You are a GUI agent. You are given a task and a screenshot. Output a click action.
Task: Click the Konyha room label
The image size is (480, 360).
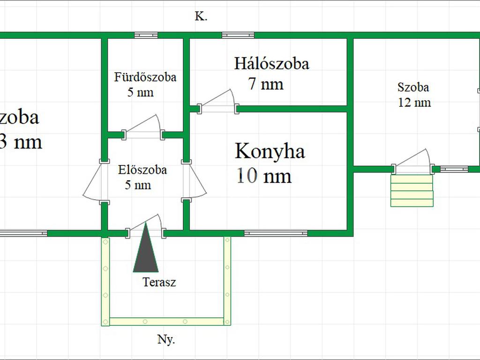(x=270, y=151)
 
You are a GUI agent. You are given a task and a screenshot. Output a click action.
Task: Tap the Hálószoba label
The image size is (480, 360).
(x=272, y=63)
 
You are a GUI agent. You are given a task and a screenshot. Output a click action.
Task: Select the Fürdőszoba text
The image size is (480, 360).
(x=145, y=77)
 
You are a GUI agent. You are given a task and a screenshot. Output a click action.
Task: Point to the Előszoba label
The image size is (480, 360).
(x=142, y=170)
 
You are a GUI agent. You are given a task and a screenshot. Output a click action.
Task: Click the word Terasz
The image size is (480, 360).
(x=159, y=282)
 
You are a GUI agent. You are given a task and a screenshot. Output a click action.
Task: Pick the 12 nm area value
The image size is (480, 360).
(x=414, y=102)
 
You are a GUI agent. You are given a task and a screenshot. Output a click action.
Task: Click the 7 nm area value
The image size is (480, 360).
(x=266, y=84)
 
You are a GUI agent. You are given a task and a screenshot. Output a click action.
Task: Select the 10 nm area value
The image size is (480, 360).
(x=264, y=176)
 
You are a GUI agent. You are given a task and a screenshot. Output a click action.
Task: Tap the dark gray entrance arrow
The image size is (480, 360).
(x=145, y=251)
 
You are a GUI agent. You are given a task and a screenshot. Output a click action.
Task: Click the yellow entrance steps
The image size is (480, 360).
(x=412, y=191)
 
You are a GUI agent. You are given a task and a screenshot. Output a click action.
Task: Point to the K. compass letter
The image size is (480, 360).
(x=201, y=16)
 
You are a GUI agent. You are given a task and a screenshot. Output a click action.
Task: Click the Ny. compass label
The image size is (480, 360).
(x=166, y=340)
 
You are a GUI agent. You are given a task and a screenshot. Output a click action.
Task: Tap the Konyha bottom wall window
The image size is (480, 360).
(x=276, y=233)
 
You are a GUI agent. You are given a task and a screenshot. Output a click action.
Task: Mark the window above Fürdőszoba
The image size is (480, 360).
(x=146, y=35)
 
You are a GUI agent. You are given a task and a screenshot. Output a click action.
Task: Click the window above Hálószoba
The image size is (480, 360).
(x=238, y=35)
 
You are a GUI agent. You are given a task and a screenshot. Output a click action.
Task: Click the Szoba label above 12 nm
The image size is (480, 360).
(x=413, y=87)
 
